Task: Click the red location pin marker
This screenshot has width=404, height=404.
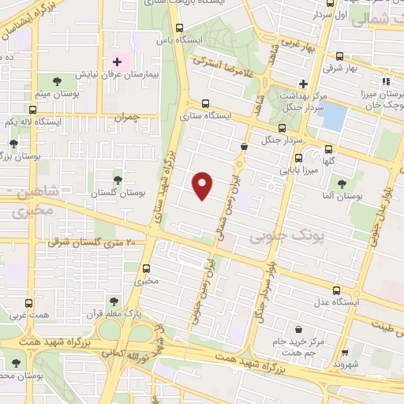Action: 204,185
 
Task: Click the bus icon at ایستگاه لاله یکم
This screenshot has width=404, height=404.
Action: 32,110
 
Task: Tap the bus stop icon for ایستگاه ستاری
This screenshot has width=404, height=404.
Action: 206,103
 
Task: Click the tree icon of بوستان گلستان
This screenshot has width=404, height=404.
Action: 118,180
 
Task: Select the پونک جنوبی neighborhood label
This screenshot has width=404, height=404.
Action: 274,235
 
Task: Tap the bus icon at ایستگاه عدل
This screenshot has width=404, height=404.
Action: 337,290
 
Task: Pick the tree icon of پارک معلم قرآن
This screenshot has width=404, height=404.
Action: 114,301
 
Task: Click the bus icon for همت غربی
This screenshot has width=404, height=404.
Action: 29,303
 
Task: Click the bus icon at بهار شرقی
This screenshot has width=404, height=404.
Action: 339,56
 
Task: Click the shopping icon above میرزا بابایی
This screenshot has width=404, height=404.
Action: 297,157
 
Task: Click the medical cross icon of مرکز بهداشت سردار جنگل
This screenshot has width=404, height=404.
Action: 303,84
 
